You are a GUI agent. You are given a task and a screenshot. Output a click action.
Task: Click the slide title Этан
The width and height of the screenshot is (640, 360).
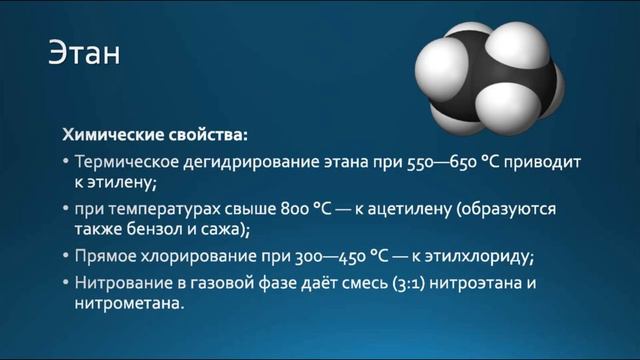[85, 51]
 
